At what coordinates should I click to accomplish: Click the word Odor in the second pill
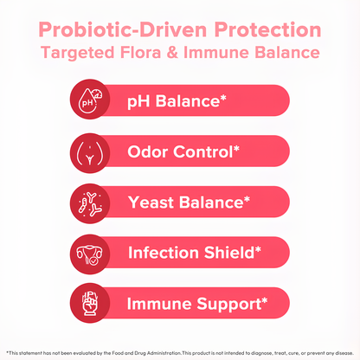(147, 154)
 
